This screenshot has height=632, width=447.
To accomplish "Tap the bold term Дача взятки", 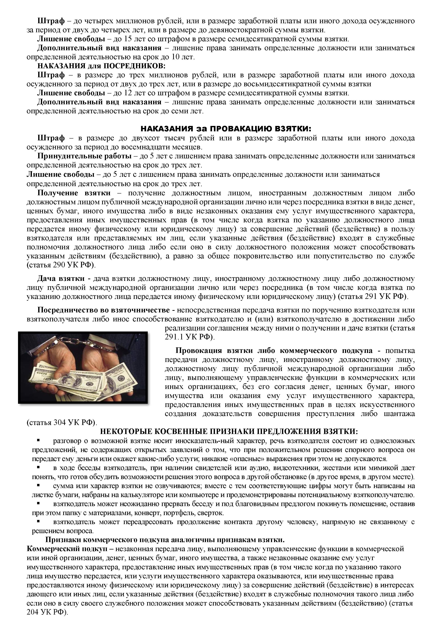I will click(61, 279).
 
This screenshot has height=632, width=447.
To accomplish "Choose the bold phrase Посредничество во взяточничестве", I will click(103, 310).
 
